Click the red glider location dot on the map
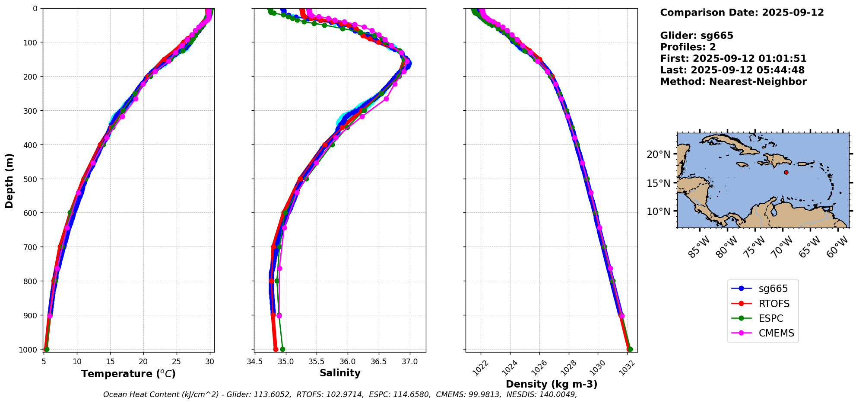(786, 172)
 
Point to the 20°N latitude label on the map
(659, 154)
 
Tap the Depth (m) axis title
(9, 180)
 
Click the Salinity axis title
(340, 373)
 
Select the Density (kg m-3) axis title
(552, 384)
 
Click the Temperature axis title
(128, 374)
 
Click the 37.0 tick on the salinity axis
(410, 362)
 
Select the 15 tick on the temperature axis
(110, 362)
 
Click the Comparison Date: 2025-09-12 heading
(742, 13)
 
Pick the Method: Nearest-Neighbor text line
(733, 82)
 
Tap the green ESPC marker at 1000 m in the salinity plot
(282, 349)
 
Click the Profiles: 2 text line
(688, 47)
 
